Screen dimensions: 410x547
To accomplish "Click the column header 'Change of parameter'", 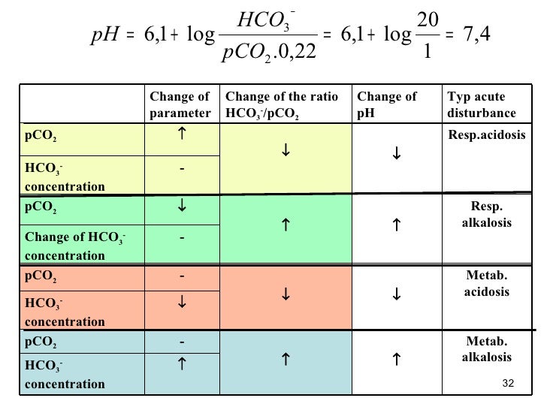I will [180, 105].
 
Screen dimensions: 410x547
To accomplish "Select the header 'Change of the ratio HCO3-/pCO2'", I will [283, 105].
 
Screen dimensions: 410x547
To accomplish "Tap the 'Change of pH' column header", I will [387, 105].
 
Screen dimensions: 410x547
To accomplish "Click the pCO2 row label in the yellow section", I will [41, 139].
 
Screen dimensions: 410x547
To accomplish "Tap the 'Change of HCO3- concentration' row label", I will [74, 246].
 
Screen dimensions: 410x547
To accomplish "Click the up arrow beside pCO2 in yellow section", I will [181, 135].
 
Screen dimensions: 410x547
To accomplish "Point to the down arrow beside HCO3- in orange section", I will [181, 303].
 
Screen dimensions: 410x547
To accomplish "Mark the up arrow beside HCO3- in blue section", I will [181, 364].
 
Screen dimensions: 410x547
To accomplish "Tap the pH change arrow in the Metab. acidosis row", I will [396, 295].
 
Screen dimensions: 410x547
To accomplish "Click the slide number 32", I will [507, 384].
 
